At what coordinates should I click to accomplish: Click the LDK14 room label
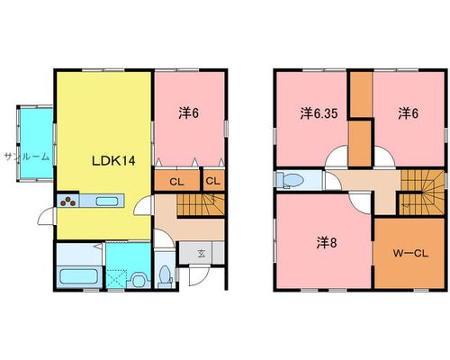[x=113, y=161]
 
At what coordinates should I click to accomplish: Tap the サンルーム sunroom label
[x=27, y=157]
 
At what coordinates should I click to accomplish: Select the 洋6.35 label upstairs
[x=319, y=113]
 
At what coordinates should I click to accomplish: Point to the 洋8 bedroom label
[x=327, y=243]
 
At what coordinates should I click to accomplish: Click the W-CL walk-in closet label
[x=410, y=254]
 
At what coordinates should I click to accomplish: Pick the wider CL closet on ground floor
[x=177, y=180]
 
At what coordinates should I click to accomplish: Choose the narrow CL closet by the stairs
[x=214, y=180]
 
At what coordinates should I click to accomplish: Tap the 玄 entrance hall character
[x=202, y=254]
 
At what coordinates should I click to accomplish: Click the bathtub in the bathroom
[x=79, y=276]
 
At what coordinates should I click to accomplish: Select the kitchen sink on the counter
[x=107, y=202]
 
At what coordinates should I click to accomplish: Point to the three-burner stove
[x=68, y=201]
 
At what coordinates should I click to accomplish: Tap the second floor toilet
[x=290, y=180]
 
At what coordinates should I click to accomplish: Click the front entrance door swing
[x=199, y=276]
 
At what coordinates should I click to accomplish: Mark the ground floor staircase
[x=201, y=204]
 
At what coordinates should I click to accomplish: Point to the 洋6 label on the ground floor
[x=189, y=113]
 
